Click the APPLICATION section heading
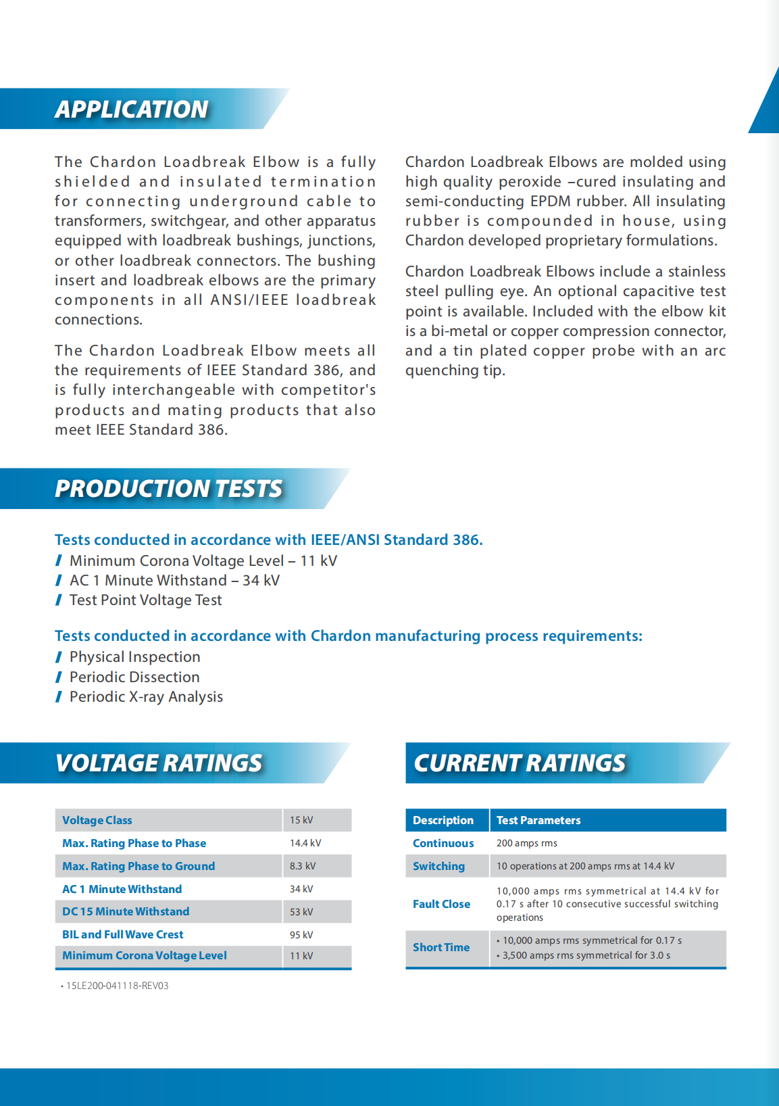(132, 110)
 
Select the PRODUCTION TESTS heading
(168, 489)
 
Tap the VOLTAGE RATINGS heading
(159, 763)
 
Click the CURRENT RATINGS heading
(520, 763)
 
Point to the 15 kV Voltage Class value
(301, 820)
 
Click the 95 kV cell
(301, 935)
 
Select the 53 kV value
(301, 912)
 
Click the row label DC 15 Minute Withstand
(126, 912)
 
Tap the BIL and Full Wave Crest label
(123, 935)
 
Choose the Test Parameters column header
(538, 820)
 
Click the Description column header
(443, 820)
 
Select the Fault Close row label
(441, 905)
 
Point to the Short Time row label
(441, 948)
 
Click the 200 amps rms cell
(527, 843)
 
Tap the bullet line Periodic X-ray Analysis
(146, 697)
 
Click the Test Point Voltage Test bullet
(145, 600)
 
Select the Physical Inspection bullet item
(134, 657)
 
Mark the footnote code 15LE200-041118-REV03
(117, 986)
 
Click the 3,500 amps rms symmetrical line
(586, 955)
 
